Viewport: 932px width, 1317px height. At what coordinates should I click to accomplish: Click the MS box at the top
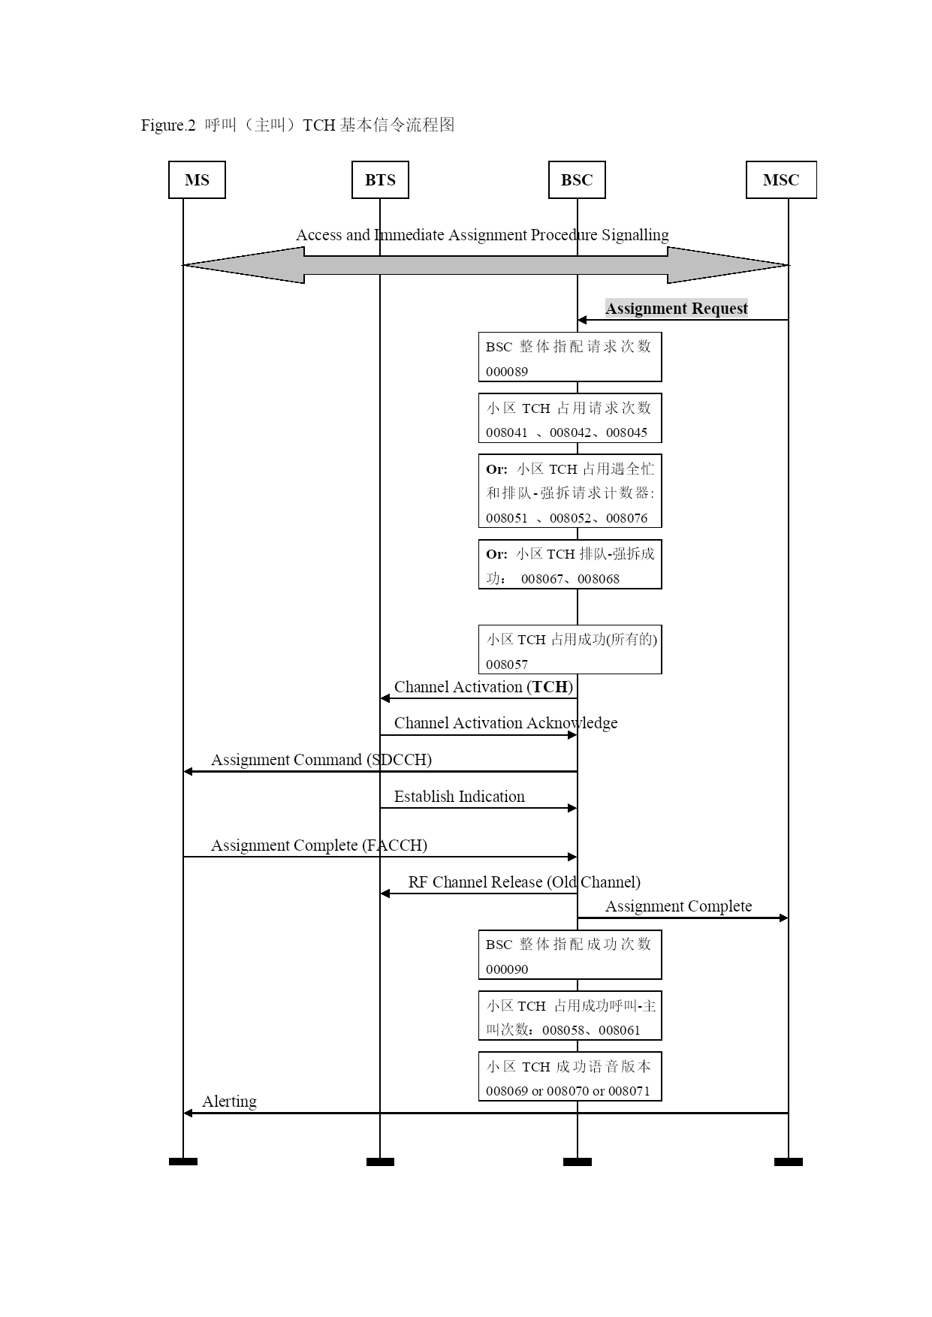197,180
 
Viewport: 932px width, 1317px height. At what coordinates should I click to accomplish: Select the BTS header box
380,180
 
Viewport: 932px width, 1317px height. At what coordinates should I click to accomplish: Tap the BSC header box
577,180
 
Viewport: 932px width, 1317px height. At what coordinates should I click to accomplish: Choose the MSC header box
781,180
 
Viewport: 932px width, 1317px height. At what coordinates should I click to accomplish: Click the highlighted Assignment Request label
677,308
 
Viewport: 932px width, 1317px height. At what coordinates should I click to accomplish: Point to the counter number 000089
507,372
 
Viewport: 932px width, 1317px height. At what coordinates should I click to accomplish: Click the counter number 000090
507,969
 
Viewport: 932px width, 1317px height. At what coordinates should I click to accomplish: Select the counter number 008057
507,665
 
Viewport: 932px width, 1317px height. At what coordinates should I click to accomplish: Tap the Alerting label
229,1102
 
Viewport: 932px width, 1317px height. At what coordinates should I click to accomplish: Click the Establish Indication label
460,797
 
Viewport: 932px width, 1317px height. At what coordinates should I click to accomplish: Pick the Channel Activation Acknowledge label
506,723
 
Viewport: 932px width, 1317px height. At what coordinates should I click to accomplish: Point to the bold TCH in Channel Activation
550,687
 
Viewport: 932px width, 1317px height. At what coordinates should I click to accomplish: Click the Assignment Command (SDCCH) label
321,760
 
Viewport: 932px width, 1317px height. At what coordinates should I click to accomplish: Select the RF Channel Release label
524,882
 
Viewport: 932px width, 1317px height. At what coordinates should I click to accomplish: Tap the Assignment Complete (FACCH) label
319,845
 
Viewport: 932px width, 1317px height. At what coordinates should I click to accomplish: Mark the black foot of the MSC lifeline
789,1162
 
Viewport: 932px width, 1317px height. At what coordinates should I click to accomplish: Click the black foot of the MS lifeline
183,1162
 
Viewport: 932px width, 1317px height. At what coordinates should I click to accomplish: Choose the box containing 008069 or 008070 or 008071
570,1077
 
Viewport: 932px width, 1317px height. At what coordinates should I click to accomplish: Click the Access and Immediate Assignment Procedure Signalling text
482,235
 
